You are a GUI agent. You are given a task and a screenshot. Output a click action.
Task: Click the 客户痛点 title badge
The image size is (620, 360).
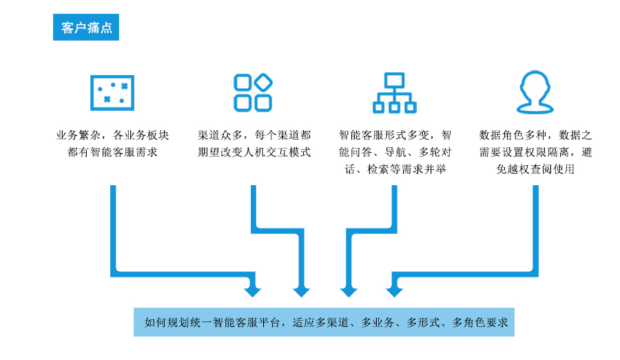point(86,27)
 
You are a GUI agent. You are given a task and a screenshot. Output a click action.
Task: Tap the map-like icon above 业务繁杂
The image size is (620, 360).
point(112,92)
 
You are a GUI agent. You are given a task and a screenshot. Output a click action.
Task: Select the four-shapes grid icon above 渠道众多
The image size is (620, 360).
point(253,92)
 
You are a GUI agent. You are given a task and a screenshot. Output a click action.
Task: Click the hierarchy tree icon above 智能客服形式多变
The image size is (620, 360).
point(394,92)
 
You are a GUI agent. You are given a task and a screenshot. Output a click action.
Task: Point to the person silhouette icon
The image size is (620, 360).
point(535,92)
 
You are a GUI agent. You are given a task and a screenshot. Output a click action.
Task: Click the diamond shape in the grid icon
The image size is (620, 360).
point(263,83)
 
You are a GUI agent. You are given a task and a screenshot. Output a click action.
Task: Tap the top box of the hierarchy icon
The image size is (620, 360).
point(394,80)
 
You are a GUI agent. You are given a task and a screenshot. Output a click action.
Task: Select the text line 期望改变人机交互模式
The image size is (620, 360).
point(254,152)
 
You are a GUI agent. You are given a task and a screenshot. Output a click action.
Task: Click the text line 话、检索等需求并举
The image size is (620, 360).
point(394,169)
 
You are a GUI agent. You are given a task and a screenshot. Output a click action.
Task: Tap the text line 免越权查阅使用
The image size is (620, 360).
point(535,169)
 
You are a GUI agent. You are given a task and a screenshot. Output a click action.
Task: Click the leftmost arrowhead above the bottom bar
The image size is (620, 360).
point(254,290)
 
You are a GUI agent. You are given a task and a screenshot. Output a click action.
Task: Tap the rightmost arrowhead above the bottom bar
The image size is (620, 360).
point(394,290)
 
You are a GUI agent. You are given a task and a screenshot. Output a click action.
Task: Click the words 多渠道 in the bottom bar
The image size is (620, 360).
point(333,322)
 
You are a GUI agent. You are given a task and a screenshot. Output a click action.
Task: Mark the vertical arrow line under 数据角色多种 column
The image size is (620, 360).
point(535,227)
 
